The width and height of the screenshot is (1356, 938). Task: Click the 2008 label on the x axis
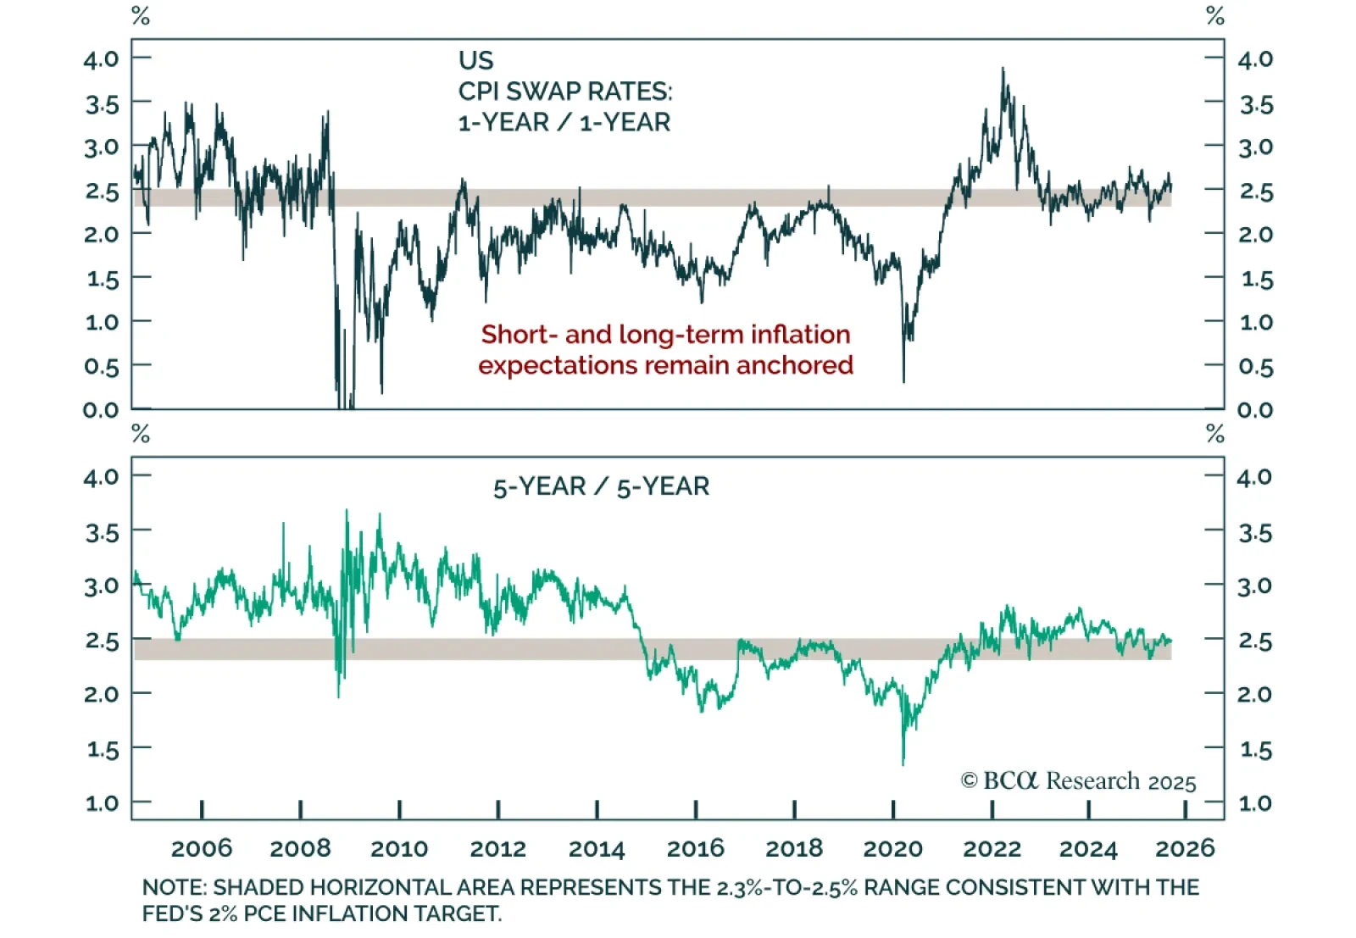click(x=300, y=848)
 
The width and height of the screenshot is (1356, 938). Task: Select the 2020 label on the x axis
click(x=892, y=848)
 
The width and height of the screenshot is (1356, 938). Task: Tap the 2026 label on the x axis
click(x=1185, y=848)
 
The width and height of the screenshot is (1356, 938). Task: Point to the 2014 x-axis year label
click(x=597, y=848)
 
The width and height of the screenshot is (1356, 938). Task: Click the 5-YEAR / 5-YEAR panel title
click(x=601, y=486)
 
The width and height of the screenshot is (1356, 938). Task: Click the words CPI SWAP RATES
click(x=564, y=92)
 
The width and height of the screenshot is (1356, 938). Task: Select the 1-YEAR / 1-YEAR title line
click(x=564, y=123)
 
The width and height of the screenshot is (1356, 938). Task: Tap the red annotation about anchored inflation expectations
click(x=665, y=349)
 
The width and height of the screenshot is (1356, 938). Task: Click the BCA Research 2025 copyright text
click(x=1078, y=780)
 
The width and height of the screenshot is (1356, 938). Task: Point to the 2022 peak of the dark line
click(x=1003, y=69)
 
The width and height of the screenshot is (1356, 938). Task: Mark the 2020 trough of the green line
click(x=903, y=763)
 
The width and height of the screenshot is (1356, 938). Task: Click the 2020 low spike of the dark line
click(x=903, y=380)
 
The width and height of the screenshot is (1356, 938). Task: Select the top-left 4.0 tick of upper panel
click(x=101, y=58)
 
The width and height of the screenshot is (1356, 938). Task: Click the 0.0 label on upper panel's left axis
click(x=101, y=410)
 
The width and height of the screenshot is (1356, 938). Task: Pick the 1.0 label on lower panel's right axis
click(x=1255, y=803)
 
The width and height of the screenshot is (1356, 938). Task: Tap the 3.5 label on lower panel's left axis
click(x=101, y=533)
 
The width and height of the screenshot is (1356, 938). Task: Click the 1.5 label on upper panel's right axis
click(x=1255, y=279)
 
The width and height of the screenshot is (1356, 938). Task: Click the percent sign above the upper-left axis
click(x=141, y=15)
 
